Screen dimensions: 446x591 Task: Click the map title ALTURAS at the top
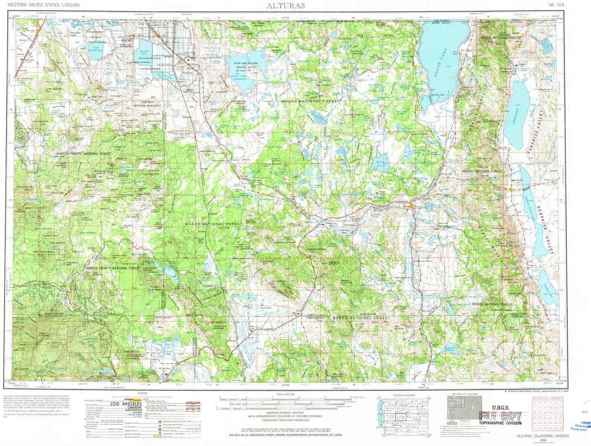[x=286, y=6]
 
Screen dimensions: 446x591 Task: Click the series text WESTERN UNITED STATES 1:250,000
[x=43, y=5]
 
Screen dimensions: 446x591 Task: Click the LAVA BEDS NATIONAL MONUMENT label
[x=147, y=104]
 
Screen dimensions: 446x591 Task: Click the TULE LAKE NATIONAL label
[x=149, y=59]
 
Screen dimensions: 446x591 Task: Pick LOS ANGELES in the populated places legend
[x=126, y=404]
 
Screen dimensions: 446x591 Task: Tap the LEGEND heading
[x=143, y=393]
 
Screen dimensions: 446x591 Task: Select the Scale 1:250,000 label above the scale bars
[x=285, y=394]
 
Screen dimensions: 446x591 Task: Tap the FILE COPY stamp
[x=500, y=416]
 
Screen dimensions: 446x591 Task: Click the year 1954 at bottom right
[x=543, y=439]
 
